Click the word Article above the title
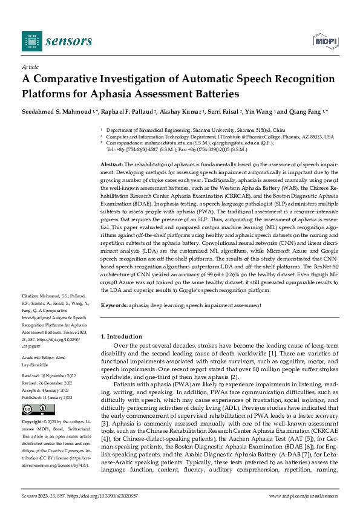(x=30, y=68)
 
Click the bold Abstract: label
(x=112, y=164)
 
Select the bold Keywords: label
(x=114, y=306)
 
